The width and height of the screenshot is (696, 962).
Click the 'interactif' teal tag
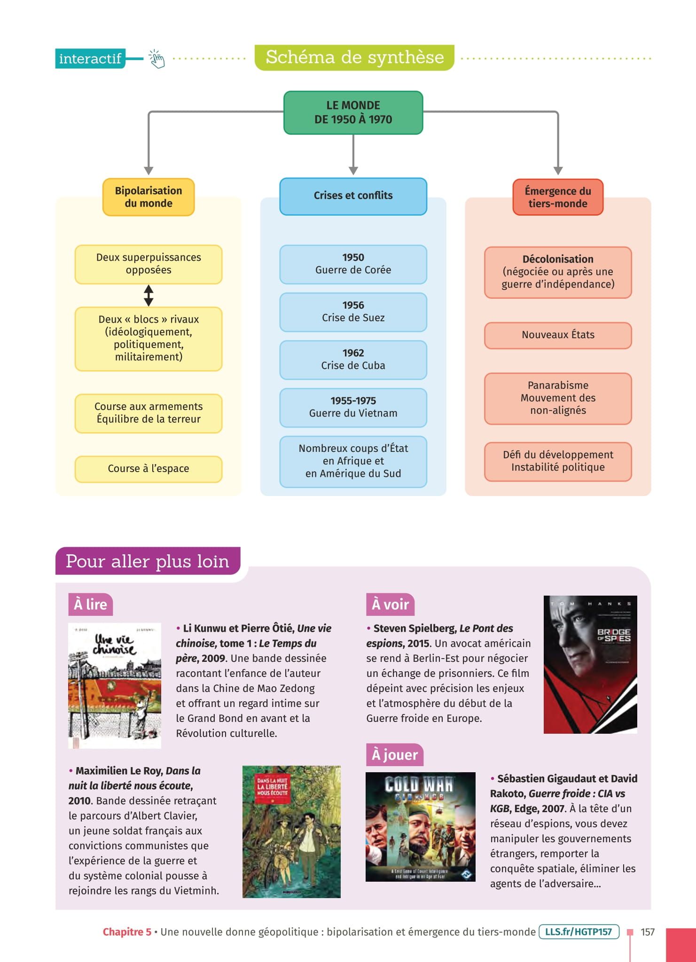[x=90, y=59]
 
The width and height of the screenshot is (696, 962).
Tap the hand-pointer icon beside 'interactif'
[x=157, y=59]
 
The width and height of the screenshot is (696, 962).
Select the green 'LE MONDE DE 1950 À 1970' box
[x=353, y=113]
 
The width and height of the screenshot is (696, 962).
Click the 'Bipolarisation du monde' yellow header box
[x=149, y=197]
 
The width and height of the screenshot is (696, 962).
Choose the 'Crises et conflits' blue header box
[x=353, y=196]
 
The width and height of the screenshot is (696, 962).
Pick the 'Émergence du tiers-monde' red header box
[x=557, y=197]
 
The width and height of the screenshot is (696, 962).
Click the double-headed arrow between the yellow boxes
[x=149, y=295]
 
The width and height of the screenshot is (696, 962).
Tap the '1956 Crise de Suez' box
[x=353, y=312]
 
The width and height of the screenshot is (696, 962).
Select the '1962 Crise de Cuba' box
[x=353, y=360]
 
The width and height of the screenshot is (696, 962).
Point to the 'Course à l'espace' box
[x=149, y=469]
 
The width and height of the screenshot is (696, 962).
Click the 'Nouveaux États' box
[x=557, y=335]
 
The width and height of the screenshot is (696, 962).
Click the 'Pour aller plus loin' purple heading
[x=148, y=561]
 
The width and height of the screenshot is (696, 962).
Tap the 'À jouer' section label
[x=394, y=755]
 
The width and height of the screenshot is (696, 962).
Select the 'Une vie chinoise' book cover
[x=115, y=685]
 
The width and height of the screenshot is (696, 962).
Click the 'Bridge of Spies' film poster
[x=590, y=664]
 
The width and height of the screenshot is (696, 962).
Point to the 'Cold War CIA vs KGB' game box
[x=420, y=827]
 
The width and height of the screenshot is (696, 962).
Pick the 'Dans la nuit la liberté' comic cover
[x=291, y=831]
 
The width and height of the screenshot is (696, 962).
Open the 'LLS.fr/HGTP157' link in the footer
[x=579, y=932]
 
